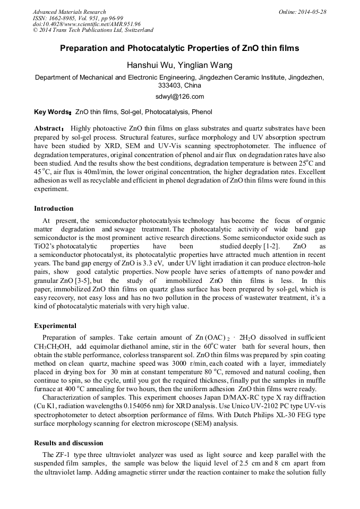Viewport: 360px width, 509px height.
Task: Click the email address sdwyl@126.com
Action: (x=179, y=97)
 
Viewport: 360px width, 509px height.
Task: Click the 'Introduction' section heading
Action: (x=54, y=209)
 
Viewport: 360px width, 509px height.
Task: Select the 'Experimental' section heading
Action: (x=55, y=326)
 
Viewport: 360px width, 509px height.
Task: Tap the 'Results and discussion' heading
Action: (x=68, y=443)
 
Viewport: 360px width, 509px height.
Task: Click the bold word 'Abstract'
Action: (x=48, y=128)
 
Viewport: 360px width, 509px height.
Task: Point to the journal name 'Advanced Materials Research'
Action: (x=69, y=12)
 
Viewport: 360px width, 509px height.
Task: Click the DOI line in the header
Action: (x=87, y=24)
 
